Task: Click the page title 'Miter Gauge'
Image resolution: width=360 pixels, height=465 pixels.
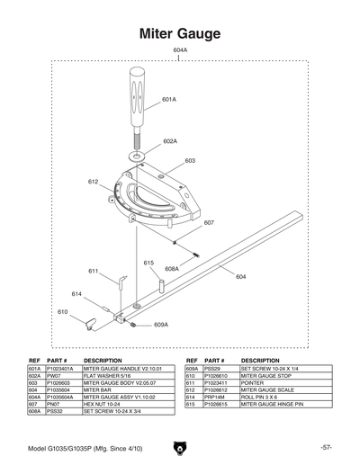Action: tap(180, 33)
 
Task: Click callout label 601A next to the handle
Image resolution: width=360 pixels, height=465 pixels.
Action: tap(169, 99)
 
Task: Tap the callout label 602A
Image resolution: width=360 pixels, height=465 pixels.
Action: tap(170, 141)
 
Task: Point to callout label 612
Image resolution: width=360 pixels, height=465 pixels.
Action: tap(93, 182)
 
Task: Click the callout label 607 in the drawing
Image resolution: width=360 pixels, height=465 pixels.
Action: tap(209, 222)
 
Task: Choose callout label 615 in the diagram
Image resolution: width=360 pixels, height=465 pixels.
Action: tap(149, 262)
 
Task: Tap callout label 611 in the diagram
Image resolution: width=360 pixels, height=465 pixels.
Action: tap(93, 271)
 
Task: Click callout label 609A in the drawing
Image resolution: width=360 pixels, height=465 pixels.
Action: tap(161, 325)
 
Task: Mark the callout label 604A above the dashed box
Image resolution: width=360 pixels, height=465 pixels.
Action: tap(180, 50)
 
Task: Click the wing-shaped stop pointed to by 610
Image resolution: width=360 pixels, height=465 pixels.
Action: tap(91, 323)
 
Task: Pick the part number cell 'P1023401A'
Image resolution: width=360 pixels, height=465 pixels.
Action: tap(61, 369)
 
